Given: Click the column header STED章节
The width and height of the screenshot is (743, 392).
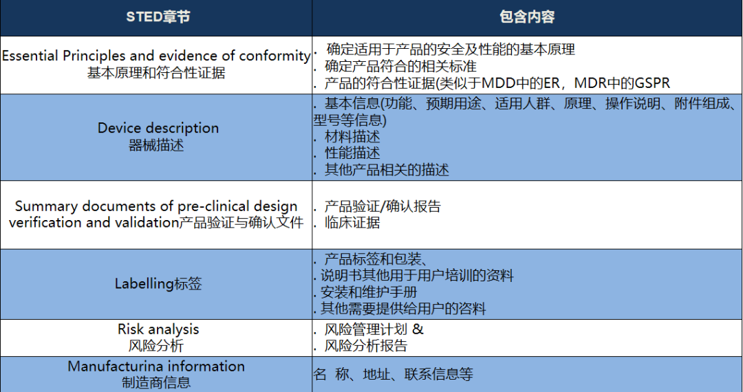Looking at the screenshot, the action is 158,17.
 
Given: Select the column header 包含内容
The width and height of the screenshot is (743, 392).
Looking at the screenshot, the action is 527,17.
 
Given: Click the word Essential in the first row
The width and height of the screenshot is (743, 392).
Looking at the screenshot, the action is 30,56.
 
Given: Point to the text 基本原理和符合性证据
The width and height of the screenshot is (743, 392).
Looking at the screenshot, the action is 156,73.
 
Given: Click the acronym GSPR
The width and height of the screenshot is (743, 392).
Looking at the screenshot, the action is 652,83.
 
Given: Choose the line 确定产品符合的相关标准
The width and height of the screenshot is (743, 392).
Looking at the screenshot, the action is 400,66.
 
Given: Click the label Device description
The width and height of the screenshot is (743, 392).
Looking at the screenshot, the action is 158,128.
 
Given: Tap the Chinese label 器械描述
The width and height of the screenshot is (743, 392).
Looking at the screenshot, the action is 156,145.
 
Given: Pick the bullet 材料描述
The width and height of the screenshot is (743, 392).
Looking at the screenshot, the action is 352,137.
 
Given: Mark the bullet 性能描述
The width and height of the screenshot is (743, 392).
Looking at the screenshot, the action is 352,153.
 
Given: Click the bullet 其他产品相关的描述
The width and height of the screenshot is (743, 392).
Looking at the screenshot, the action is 387,169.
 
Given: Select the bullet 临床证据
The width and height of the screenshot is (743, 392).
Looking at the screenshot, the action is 352,223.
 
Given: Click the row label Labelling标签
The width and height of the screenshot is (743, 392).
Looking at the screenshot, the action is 158,283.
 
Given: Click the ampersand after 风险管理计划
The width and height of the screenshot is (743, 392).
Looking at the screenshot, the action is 418,329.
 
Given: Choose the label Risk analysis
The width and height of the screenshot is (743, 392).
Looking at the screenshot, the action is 158,329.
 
